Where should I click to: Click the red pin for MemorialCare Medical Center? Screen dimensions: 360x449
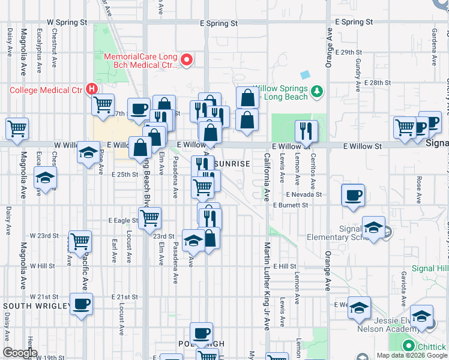187,59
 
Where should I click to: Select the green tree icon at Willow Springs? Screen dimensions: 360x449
317,92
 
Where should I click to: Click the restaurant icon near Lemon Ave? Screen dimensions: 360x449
306,130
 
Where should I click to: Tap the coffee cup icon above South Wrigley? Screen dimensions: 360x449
81,303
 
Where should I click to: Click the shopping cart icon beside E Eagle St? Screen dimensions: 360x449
149,217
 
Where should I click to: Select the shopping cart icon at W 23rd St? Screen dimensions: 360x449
80,241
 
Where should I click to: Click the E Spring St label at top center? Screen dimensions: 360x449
218,23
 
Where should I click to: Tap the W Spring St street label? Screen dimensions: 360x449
67,22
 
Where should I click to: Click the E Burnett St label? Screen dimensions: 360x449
290,205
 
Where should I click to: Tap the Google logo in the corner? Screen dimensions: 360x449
20,353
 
